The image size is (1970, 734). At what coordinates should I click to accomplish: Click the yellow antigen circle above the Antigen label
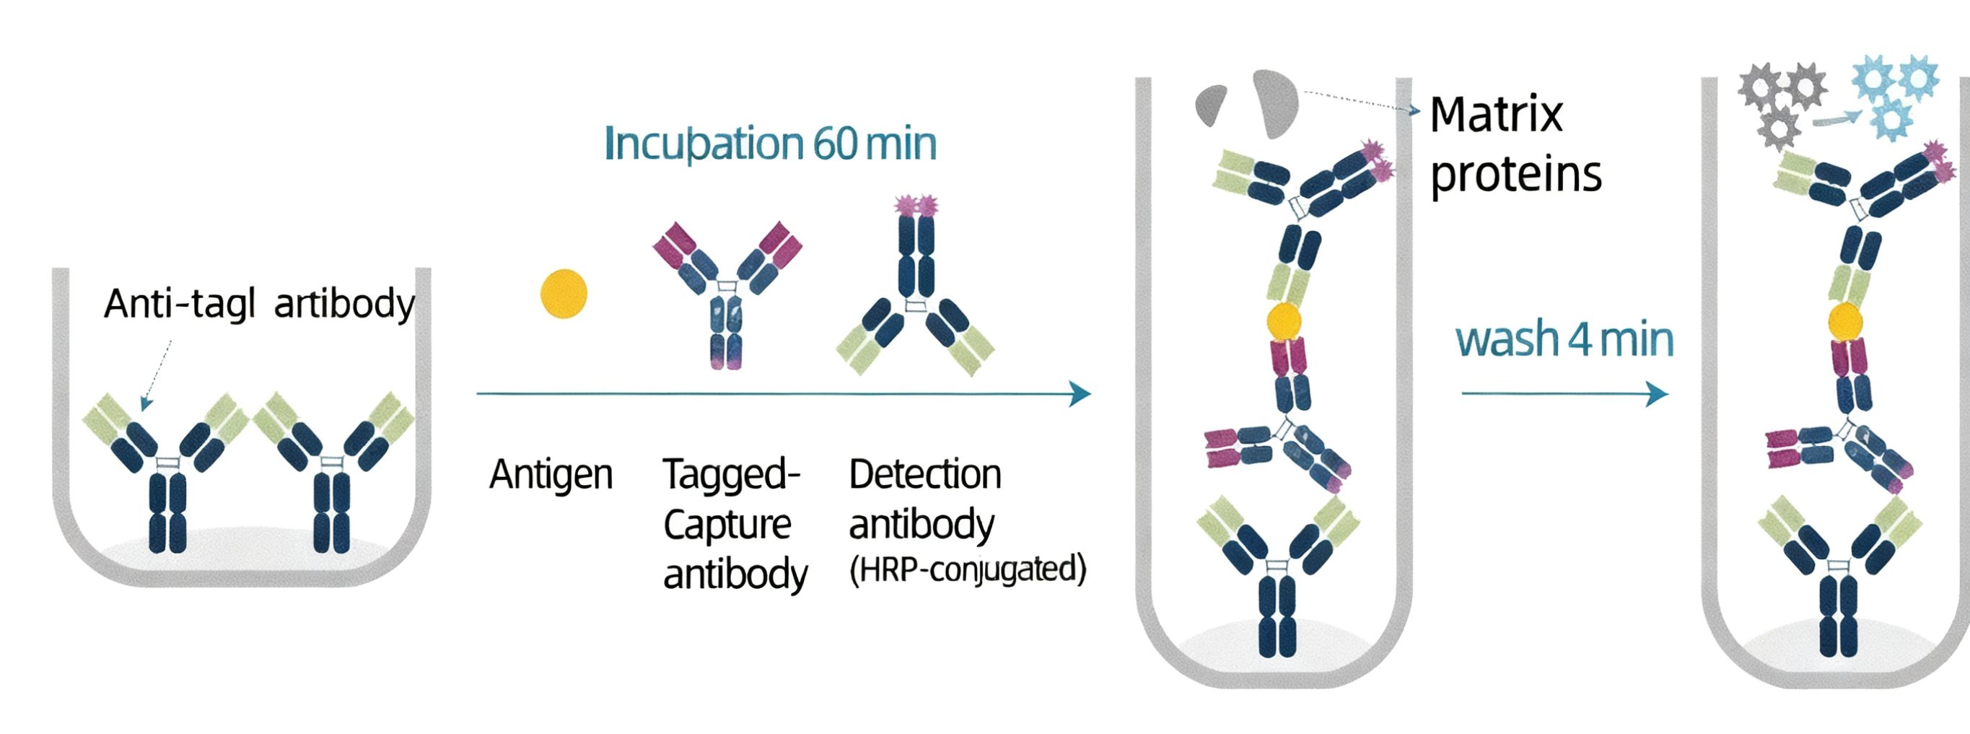[564, 294]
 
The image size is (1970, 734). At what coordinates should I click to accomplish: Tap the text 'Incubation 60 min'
[770, 144]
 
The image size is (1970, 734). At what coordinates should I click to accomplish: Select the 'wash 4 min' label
[1564, 339]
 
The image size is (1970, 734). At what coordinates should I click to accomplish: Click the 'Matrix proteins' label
[1514, 145]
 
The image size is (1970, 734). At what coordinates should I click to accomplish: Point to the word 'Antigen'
[551, 475]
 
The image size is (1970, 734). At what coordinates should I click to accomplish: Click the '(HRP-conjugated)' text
[968, 569]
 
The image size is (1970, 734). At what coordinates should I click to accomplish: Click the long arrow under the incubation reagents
[783, 394]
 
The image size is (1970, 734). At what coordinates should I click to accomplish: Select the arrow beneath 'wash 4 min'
[1564, 394]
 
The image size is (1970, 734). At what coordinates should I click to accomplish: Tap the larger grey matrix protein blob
[1275, 102]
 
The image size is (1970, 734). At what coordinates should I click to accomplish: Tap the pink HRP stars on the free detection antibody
[916, 205]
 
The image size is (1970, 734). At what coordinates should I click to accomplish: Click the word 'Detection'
[924, 475]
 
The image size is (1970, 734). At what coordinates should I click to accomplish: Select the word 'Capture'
[727, 525]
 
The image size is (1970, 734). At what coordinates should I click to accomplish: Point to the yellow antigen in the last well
[1845, 321]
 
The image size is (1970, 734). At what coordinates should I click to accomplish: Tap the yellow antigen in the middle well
[1283, 321]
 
